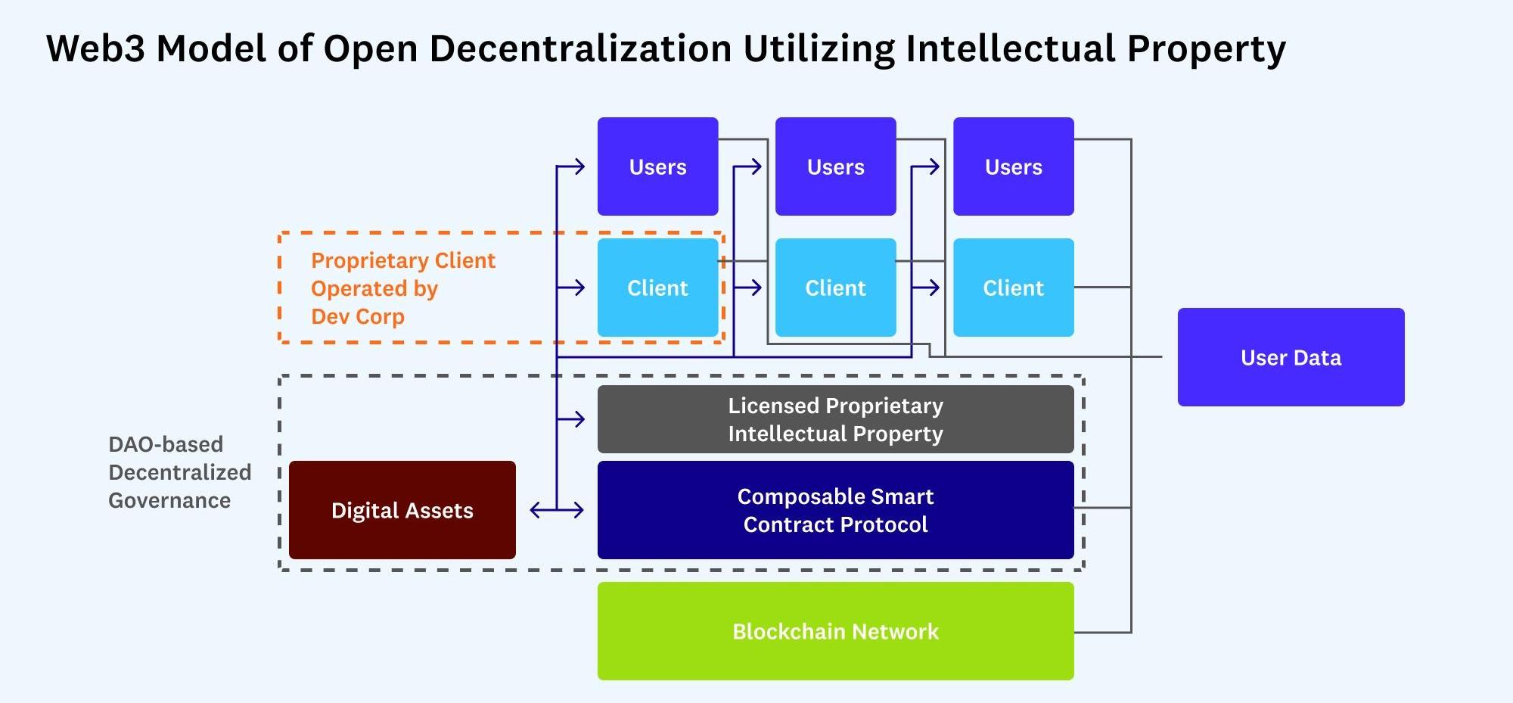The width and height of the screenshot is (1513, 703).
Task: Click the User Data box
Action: (x=1291, y=357)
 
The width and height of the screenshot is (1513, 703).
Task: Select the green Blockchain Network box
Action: (x=835, y=631)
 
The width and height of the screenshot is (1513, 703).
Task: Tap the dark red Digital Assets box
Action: (x=402, y=510)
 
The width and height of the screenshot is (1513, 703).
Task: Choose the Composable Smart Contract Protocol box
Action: (x=835, y=510)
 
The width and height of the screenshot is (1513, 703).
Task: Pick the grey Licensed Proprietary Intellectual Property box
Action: (x=835, y=419)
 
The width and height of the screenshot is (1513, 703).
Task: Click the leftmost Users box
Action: (x=657, y=166)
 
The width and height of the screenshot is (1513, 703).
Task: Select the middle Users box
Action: (x=835, y=166)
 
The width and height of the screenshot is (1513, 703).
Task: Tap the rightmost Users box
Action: (x=1013, y=166)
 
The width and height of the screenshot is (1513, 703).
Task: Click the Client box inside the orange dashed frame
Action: (x=657, y=288)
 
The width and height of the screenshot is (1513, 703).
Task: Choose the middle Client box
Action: (x=835, y=288)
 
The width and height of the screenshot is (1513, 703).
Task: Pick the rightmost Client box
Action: (x=1013, y=288)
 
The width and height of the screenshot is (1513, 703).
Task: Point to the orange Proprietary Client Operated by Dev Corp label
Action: (x=402, y=288)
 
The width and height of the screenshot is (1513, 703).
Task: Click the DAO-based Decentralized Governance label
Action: (x=179, y=472)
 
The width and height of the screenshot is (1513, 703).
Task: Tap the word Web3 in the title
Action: (x=95, y=48)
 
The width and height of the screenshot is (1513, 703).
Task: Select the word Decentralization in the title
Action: (x=580, y=48)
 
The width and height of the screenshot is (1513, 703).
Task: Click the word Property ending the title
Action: (x=1206, y=48)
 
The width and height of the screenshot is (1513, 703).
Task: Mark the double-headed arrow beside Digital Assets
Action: (x=557, y=511)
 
